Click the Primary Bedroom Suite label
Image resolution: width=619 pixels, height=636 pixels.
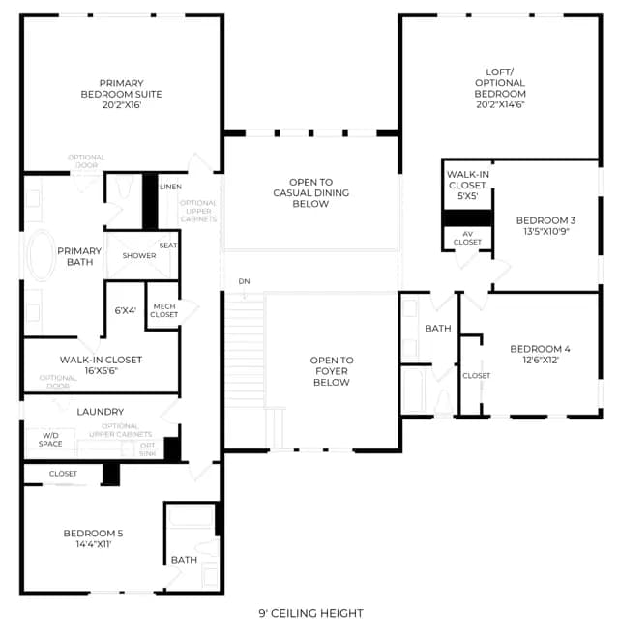121,89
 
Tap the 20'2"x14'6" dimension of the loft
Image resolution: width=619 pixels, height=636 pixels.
500,104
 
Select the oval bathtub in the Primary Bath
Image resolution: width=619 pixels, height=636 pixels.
42,255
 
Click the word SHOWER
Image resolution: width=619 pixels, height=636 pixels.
139,255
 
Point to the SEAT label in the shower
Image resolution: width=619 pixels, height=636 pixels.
168,246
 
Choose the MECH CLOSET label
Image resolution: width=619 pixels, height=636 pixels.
164,310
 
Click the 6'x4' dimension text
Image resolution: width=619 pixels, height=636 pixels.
126,310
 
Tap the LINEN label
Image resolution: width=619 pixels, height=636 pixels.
170,187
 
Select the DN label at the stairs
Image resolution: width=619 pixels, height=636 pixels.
244,281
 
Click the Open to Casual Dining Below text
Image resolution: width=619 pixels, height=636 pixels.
310,192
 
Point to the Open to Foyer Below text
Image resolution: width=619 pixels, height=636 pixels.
332,371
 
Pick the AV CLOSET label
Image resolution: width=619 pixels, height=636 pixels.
467,238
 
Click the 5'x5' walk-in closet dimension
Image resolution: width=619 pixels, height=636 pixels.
467,196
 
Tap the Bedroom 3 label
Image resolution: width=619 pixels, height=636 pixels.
545,220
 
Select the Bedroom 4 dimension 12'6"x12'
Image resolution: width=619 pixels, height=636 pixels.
541,360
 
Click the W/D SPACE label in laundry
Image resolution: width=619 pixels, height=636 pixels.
50,440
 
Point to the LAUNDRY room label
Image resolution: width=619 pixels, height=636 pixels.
101,412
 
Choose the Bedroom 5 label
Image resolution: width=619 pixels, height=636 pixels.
94,534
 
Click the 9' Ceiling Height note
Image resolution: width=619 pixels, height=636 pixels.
310,613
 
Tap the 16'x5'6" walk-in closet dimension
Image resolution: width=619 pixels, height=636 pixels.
101,371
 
